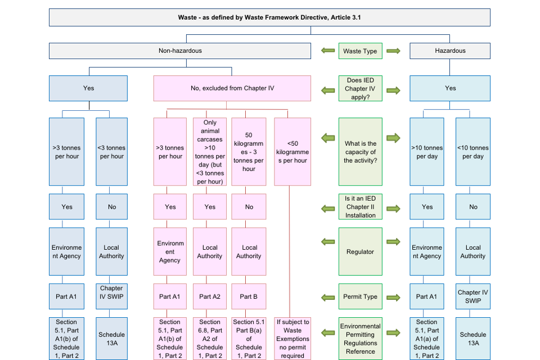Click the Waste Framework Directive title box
pyautogui.click(x=269, y=17)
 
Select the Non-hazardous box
pyautogui.click(x=180, y=51)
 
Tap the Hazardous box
pyautogui.click(x=450, y=51)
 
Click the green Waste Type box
pyautogui.click(x=360, y=51)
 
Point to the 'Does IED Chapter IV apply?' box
pyautogui.click(x=360, y=88)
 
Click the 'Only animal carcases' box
pyautogui.click(x=210, y=152)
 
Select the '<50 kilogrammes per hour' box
pyautogui.click(x=292, y=152)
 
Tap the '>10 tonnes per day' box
pyautogui.click(x=427, y=152)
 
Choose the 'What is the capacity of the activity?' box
pyautogui.click(x=360, y=152)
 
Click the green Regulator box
pyautogui.click(x=360, y=252)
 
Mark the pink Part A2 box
pyautogui.click(x=210, y=296)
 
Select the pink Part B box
pyautogui.click(x=249, y=296)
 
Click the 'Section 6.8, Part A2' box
pyautogui.click(x=210, y=339)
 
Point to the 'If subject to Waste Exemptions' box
pyautogui.click(x=292, y=339)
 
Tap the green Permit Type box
pyautogui.click(x=360, y=296)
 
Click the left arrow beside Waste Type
pyautogui.click(x=327, y=51)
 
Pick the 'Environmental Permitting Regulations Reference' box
pyautogui.click(x=360, y=339)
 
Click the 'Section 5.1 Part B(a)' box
pyautogui.click(x=249, y=339)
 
